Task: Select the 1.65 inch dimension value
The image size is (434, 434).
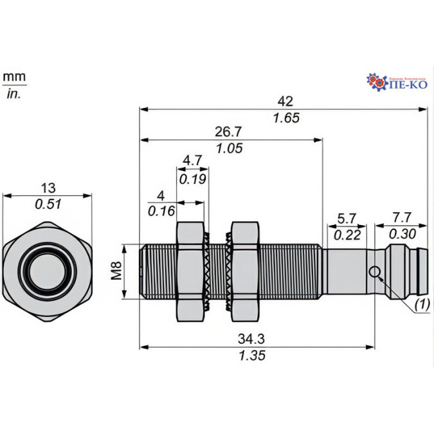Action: click(287, 118)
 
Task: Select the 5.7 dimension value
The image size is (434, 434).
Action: click(347, 219)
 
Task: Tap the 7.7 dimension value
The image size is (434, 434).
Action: click(402, 219)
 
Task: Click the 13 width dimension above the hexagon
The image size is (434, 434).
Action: click(48, 188)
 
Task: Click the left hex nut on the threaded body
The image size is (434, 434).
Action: click(190, 270)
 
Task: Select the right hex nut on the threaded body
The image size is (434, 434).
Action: click(244, 270)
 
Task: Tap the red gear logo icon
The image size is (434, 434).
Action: click(376, 81)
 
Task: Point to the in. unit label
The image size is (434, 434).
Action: click(14, 94)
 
